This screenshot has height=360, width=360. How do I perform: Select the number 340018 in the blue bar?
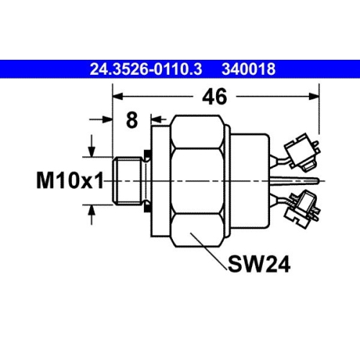pyautogui.click(x=250, y=71)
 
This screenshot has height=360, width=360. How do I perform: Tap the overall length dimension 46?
pyautogui.click(x=214, y=95)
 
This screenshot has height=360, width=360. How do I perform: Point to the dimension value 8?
pyautogui.click(x=131, y=120)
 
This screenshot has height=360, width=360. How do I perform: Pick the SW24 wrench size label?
pyautogui.click(x=259, y=266)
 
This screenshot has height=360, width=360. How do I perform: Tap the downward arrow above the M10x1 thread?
pyautogui.click(x=91, y=151)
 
